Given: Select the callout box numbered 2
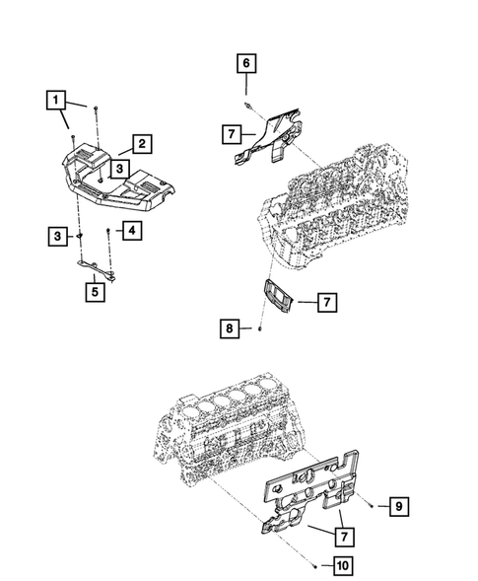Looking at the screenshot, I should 142,144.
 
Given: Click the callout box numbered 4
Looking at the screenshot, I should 129,231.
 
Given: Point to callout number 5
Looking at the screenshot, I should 94,291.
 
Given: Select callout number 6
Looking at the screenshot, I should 246,64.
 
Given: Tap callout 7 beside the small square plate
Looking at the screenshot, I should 327,304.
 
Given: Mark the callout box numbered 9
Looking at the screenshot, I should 397,507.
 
